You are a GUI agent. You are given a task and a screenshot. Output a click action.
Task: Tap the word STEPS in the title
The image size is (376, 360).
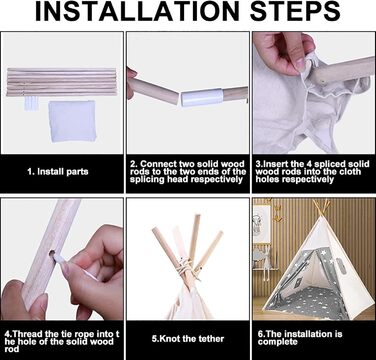[x=295, y=12]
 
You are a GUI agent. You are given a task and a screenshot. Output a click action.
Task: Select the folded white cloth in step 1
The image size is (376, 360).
[x=72, y=121]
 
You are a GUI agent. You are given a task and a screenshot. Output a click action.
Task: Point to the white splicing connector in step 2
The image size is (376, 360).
[x=202, y=97]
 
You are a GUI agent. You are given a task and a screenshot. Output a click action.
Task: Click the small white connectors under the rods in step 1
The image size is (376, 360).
[x=32, y=104]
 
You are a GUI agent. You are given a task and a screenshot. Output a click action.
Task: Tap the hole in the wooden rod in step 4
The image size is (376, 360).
[x=52, y=254]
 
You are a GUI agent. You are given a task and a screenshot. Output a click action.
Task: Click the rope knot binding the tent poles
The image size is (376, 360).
[x=187, y=266]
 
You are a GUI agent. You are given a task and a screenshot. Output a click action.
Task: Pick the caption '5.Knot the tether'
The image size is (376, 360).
[x=188, y=339]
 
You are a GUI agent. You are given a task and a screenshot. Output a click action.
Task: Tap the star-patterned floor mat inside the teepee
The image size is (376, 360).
[x=310, y=300]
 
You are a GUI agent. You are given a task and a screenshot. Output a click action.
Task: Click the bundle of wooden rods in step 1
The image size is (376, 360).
[x=62, y=82]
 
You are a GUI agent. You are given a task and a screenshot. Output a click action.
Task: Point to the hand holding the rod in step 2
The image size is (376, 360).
[x=132, y=83]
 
